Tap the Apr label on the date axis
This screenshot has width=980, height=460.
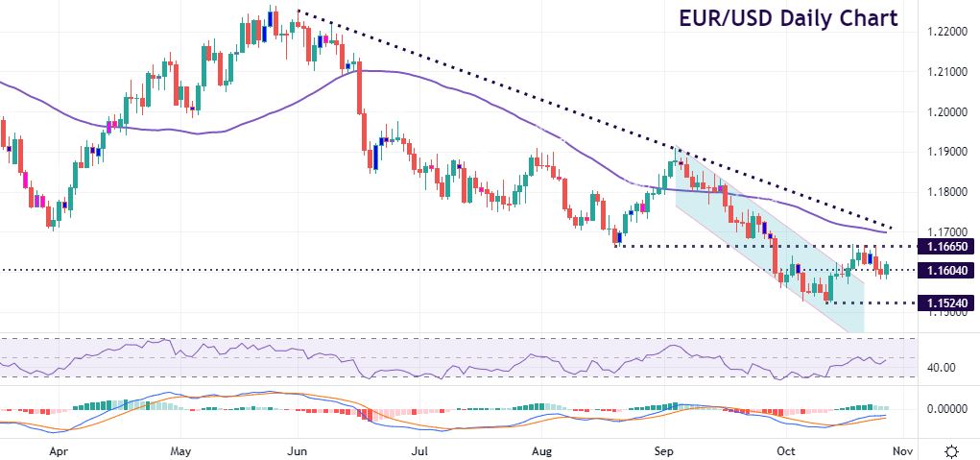tap(60, 449)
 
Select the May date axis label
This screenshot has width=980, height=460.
tap(181, 449)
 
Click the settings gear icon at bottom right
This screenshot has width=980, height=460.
tap(952, 449)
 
